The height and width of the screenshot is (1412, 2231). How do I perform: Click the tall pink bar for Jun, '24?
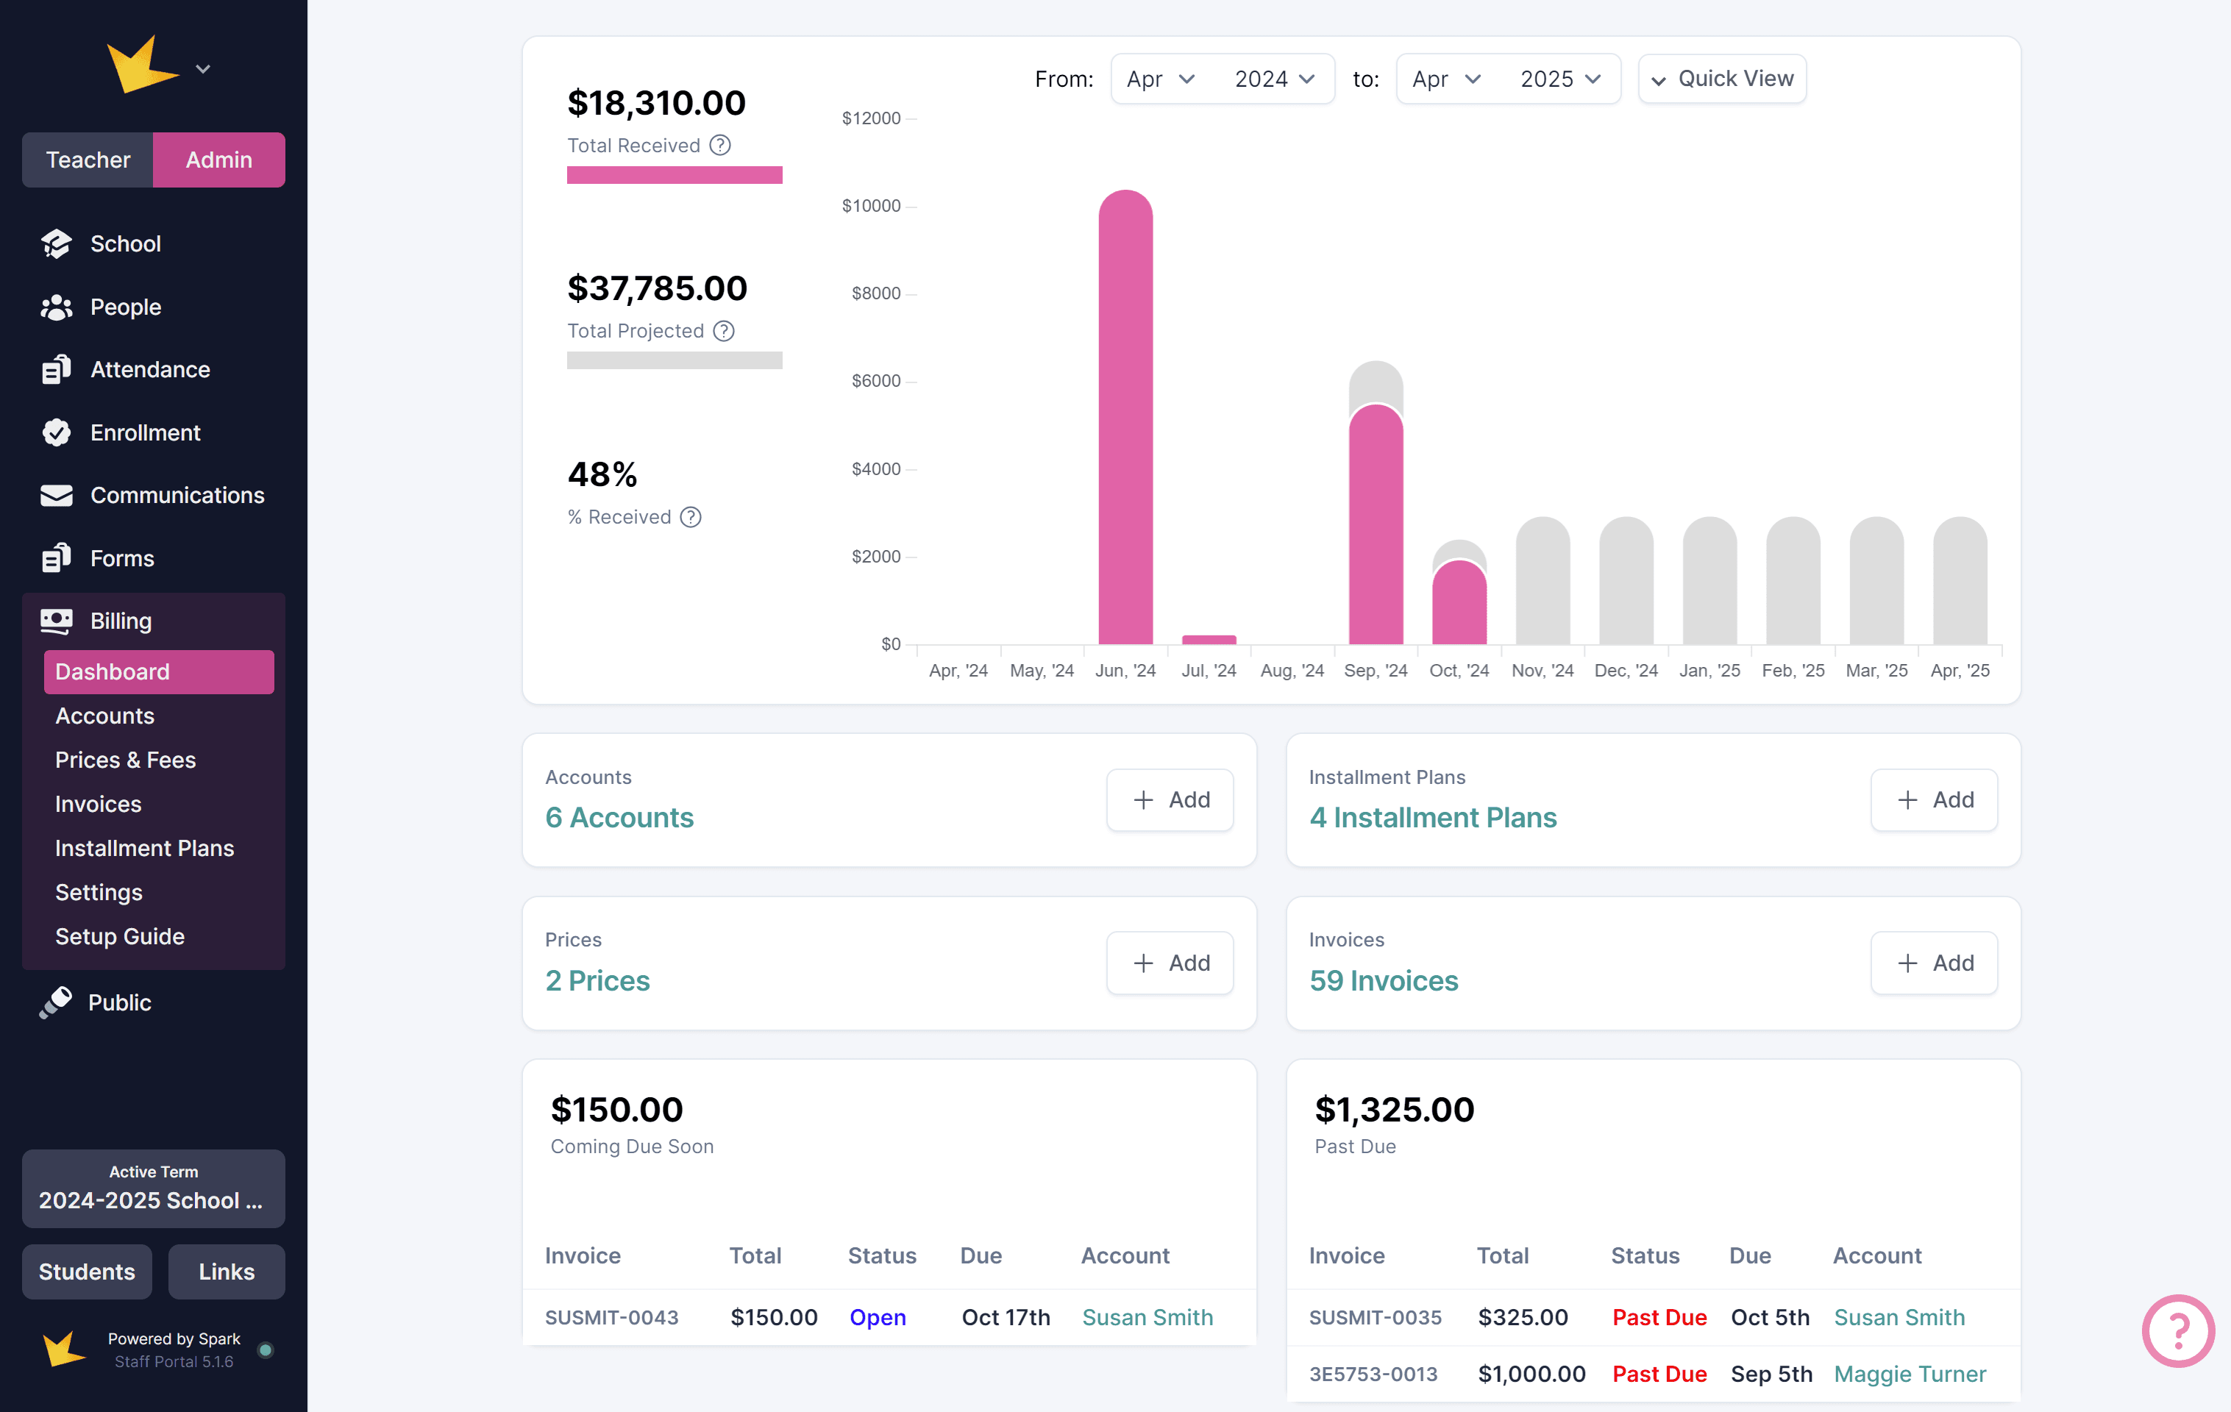tap(1125, 417)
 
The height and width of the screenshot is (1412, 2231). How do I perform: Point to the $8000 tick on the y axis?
tap(875, 293)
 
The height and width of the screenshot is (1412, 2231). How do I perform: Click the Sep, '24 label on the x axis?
tap(1375, 671)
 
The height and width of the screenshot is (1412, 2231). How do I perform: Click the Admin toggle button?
tap(218, 160)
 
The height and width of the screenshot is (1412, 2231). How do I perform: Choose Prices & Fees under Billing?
tap(125, 760)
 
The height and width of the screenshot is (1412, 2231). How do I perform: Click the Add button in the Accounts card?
tap(1170, 799)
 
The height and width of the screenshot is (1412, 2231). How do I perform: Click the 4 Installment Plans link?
tap(1432, 817)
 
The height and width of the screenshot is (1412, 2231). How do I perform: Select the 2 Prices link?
tap(597, 980)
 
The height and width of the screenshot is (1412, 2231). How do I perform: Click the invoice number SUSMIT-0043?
tap(611, 1317)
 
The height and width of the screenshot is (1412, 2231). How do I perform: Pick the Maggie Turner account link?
tap(1910, 1374)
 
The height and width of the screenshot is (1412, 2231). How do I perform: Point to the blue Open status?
tap(878, 1317)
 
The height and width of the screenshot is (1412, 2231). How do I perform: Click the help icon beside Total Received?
tap(720, 146)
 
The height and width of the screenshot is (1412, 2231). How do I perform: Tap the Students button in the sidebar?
tap(87, 1272)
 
